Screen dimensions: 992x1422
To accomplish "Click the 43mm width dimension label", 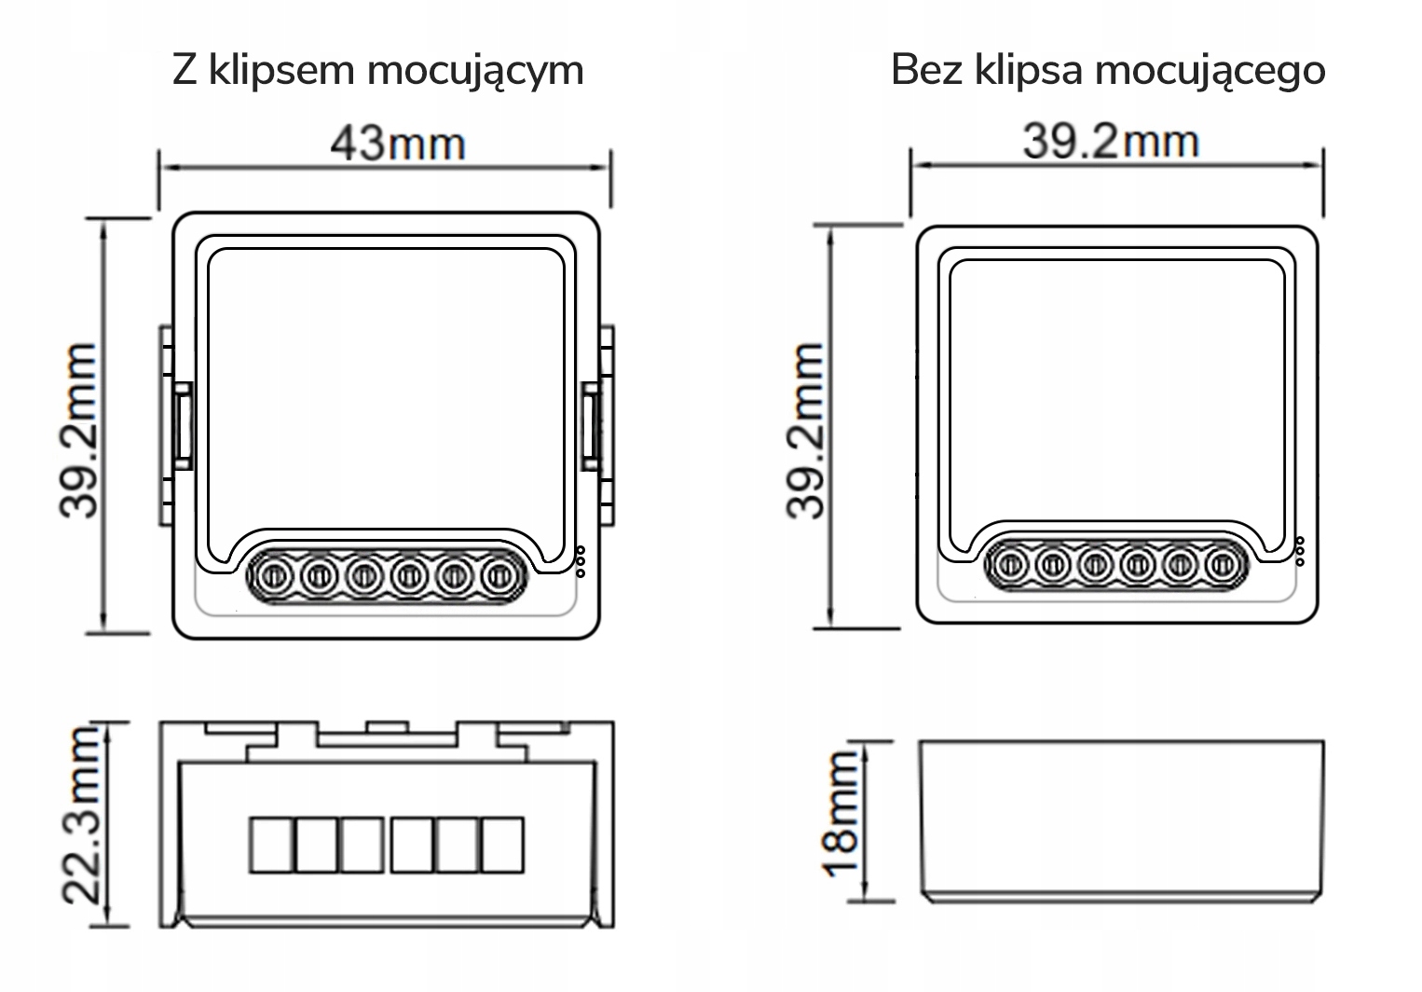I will [x=397, y=145].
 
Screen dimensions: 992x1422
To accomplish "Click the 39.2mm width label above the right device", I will [x=1110, y=142].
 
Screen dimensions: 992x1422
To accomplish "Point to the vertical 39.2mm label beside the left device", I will [x=78, y=430].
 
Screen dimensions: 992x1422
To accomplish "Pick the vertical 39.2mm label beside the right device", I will [x=806, y=430].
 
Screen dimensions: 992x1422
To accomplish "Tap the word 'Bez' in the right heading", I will [x=926, y=71].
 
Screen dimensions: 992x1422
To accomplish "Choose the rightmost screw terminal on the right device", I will [x=1221, y=564].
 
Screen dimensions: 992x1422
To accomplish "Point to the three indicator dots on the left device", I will [x=581, y=560].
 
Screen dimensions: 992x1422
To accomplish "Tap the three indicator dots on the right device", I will [x=1300, y=551].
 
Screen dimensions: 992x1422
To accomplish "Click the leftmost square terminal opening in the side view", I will [x=271, y=845].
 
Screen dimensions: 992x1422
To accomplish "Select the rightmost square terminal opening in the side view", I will [x=502, y=845].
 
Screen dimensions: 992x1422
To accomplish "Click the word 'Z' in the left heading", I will [x=184, y=71].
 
